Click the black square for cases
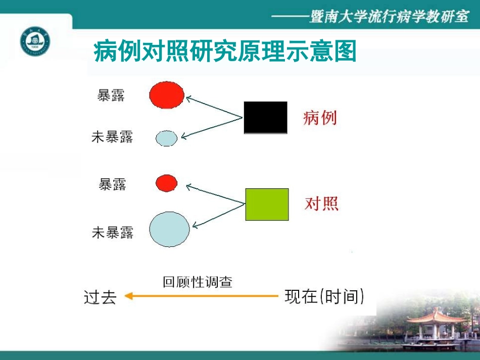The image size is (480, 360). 265,118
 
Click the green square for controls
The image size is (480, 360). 267,204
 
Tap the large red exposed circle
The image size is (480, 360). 167,95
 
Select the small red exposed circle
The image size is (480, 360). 167,183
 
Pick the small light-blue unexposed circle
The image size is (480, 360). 166,138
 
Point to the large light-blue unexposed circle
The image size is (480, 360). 169,229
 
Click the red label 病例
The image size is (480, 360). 320,118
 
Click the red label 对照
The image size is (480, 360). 322,203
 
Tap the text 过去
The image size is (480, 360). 100,297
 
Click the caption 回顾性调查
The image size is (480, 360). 198,282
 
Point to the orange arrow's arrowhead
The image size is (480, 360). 129,296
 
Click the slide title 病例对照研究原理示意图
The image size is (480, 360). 225,52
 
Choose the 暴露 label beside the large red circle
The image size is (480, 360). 111,95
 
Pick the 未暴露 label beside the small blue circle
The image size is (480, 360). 112,137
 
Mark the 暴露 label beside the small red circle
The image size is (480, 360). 112,184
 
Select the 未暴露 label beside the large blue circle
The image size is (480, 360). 112,232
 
